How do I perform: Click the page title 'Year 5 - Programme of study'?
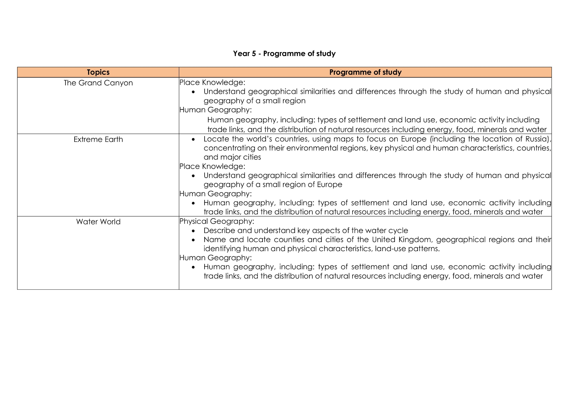coord(284,53)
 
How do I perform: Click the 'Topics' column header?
coord(98,72)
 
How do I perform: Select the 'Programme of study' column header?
coord(365,72)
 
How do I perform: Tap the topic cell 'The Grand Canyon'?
coord(98,83)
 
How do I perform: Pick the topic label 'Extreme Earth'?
coord(98,139)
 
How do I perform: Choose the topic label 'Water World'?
coord(98,221)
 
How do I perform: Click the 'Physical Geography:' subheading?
coord(217,221)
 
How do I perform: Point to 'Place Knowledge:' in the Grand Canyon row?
coord(212,82)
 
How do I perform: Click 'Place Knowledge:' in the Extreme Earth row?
coord(212,166)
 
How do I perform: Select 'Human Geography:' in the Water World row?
coord(215,258)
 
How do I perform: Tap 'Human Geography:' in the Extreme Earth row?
coord(215,194)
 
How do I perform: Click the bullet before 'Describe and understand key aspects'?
coord(193,231)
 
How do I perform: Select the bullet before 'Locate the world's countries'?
coord(193,139)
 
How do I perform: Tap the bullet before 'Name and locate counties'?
coord(193,240)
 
